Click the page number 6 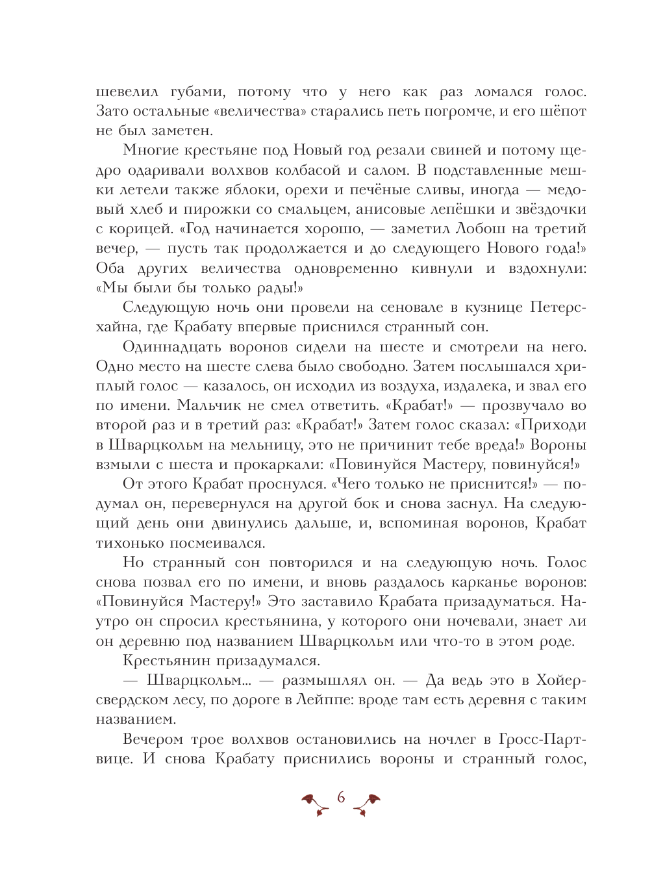341,797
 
